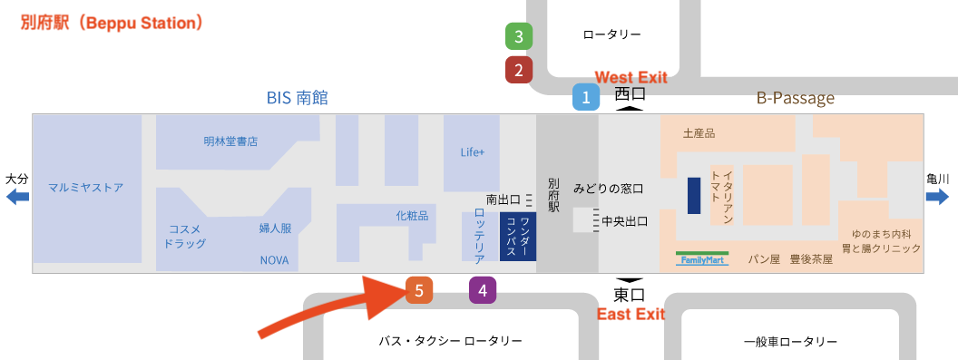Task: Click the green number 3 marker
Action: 518,37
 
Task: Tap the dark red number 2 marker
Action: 518,69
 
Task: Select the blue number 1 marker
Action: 586,97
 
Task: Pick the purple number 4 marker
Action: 483,290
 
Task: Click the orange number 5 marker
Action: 419,290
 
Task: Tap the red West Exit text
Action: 631,78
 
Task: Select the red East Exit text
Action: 631,315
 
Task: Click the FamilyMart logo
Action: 701,258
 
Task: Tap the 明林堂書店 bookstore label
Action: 230,141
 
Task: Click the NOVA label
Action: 274,259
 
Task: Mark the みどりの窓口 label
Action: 608,189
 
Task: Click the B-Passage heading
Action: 795,97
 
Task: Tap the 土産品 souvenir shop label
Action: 699,133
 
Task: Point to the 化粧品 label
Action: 411,216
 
